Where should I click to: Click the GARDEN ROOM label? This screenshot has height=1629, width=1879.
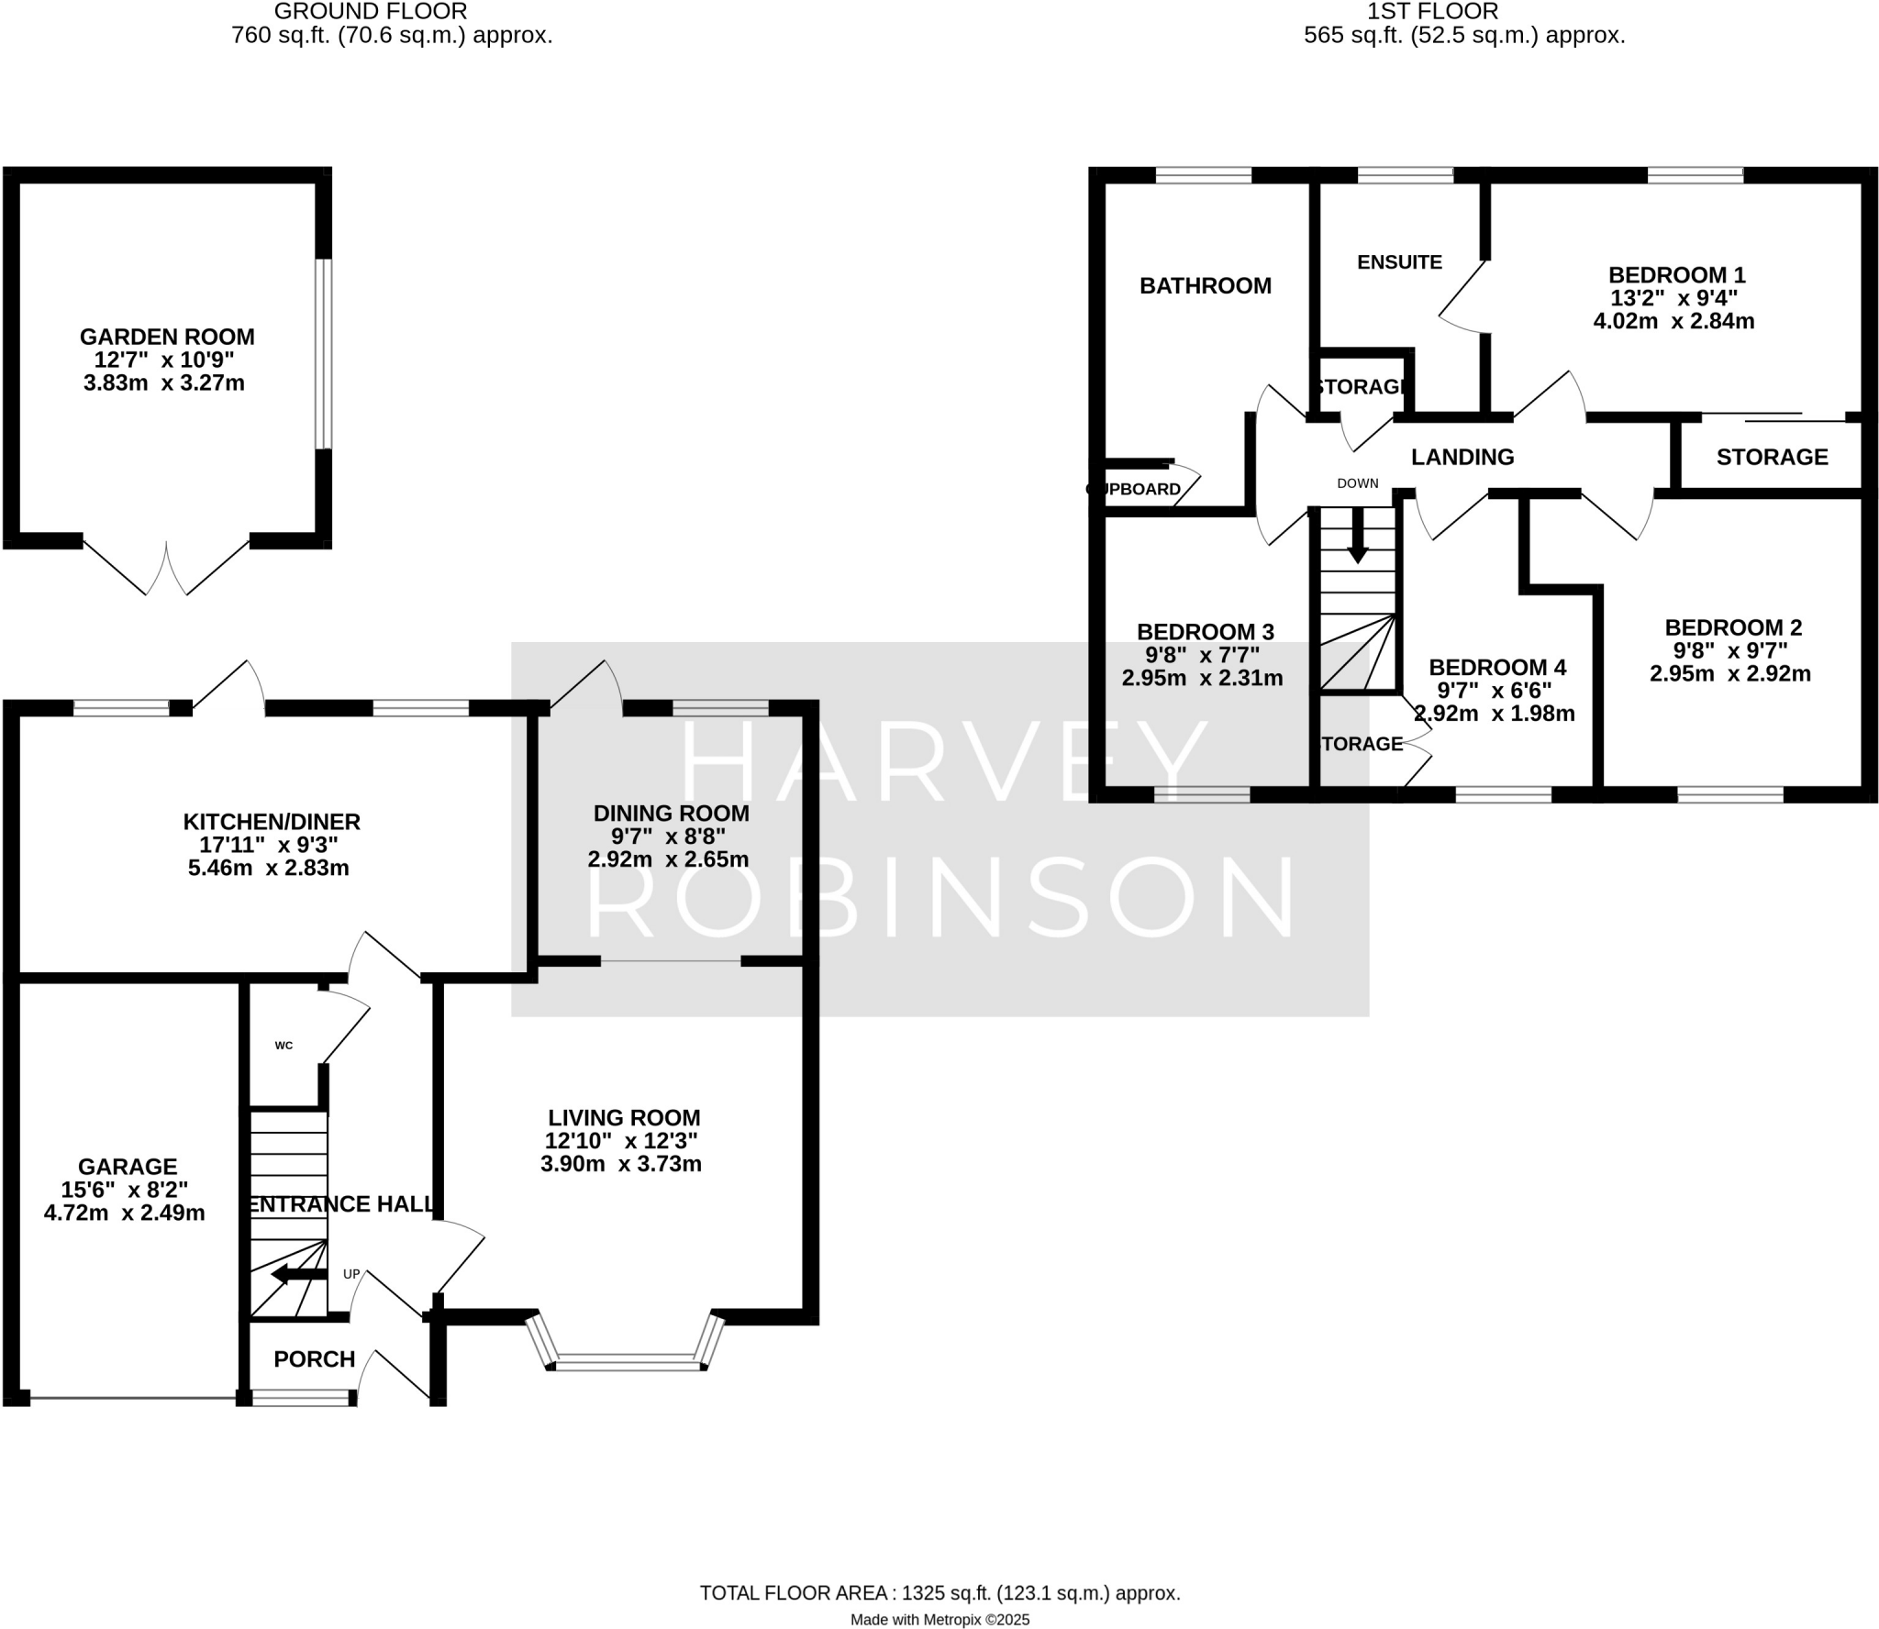[167, 337]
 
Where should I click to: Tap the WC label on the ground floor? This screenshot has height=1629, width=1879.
[284, 1045]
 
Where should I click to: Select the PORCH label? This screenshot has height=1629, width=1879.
[314, 1359]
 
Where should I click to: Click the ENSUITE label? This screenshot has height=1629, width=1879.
[1399, 262]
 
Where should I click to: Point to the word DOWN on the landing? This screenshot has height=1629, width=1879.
[1357, 483]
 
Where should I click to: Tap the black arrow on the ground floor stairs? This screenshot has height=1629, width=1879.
[297, 1274]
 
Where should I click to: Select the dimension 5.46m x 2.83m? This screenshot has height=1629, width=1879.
[268, 868]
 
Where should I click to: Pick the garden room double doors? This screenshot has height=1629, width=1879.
[167, 567]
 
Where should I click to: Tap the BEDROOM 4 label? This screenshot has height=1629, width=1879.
[1496, 667]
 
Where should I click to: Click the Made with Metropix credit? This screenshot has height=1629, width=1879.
[939, 1620]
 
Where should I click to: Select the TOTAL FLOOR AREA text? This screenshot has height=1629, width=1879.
[939, 1593]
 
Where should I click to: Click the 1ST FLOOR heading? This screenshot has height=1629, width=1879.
[1463, 12]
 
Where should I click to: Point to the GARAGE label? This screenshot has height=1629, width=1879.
[128, 1167]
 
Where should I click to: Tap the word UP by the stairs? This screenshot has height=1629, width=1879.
[351, 1274]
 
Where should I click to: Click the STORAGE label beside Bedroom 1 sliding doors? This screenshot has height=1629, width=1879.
[1772, 457]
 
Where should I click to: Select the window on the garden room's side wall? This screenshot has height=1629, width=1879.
[323, 354]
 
